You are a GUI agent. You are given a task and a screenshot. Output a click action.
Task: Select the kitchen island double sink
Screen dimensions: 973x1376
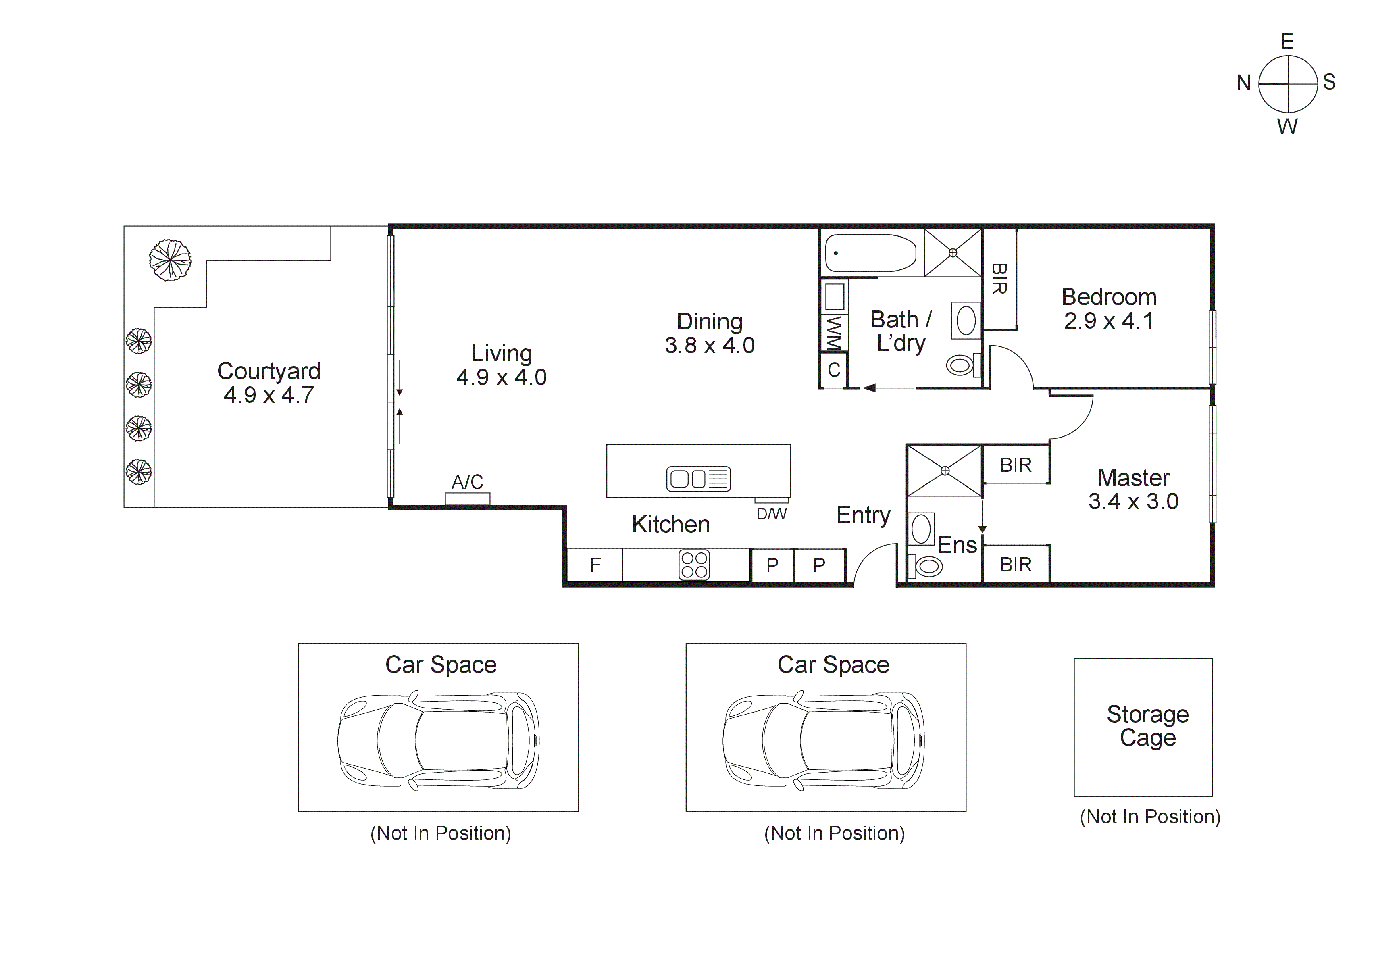pos(698,478)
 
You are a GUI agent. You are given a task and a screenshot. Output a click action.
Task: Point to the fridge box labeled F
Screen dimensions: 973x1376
pos(595,565)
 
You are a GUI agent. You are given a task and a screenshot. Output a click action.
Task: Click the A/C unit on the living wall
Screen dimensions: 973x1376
pos(467,498)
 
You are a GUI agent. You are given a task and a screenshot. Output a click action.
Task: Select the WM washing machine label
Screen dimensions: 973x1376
pos(834,333)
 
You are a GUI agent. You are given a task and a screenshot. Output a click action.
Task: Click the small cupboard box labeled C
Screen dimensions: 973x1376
pos(834,370)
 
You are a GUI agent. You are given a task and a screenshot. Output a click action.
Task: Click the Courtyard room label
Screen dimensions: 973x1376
pos(269,371)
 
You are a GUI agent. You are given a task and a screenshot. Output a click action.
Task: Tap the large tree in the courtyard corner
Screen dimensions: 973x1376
pos(170,260)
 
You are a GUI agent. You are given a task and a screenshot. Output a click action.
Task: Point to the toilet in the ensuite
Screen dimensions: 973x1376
pos(926,565)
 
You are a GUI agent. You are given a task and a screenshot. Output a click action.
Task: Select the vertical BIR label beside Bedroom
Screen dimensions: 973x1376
pos(999,279)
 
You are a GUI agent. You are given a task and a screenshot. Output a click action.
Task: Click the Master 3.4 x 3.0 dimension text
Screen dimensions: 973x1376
pos(1133,502)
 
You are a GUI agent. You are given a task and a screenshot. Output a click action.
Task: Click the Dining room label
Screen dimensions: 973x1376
pos(710,321)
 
